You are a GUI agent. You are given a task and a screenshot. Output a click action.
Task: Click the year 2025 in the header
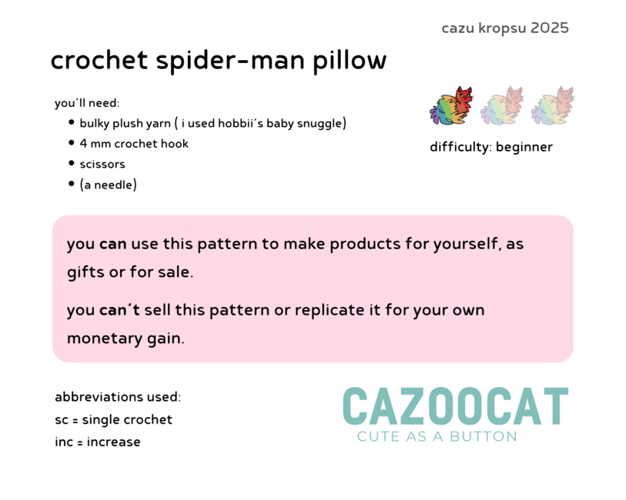pyautogui.click(x=549, y=28)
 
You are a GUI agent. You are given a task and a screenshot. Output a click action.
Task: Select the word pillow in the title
pyautogui.click(x=350, y=62)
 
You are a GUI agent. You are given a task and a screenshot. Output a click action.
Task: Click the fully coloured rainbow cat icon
pyautogui.click(x=451, y=105)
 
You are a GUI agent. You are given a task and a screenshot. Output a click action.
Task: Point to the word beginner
pyautogui.click(x=524, y=147)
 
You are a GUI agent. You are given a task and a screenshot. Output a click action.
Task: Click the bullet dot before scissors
pyautogui.click(x=72, y=163)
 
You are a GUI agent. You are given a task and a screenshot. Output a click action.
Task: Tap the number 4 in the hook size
pyautogui.click(x=83, y=144)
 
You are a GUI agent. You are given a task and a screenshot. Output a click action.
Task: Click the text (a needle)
pyautogui.click(x=109, y=185)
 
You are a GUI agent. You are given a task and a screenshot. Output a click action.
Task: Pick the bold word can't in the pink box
pyautogui.click(x=119, y=310)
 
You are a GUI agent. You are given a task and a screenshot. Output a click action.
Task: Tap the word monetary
pyautogui.click(x=105, y=339)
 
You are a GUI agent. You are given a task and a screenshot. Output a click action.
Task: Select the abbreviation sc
pyautogui.click(x=62, y=420)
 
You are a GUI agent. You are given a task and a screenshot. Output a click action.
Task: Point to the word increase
pyautogui.click(x=113, y=442)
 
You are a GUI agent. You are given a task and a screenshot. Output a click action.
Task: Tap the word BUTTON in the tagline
pyautogui.click(x=483, y=437)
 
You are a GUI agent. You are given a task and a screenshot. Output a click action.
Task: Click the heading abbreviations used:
pyautogui.click(x=118, y=397)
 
